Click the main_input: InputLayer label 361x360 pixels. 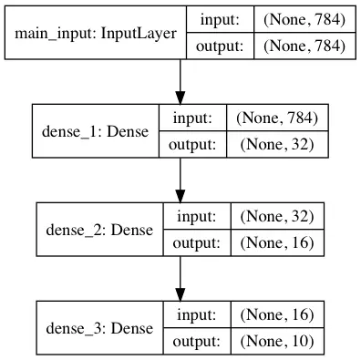pyautogui.click(x=96, y=34)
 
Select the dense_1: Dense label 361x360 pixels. pyautogui.click(x=96, y=131)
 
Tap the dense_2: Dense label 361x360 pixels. pyautogui.click(x=99, y=230)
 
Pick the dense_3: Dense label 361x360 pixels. pyautogui.click(x=99, y=328)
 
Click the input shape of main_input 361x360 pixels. pyautogui.click(x=304, y=20)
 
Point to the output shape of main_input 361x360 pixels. pyautogui.click(x=304, y=46)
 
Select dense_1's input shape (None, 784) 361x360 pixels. pyautogui.click(x=277, y=118)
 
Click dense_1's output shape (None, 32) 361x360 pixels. pyautogui.click(x=277, y=144)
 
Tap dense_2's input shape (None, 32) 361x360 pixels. pyautogui.click(x=277, y=216)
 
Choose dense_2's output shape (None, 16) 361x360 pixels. pyautogui.click(x=277, y=242)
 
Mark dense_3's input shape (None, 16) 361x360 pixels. pyautogui.click(x=277, y=314)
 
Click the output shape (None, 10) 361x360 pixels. pyautogui.click(x=277, y=341)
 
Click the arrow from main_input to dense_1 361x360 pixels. pyautogui.click(x=180, y=82)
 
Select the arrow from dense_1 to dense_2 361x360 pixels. pyautogui.click(x=180, y=180)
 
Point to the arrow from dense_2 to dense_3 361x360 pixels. pyautogui.click(x=180, y=279)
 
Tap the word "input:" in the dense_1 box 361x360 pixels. pyautogui.click(x=192, y=118)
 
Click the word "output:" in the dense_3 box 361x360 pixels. pyautogui.click(x=196, y=341)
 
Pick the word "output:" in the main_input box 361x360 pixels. pyautogui.click(x=220, y=46)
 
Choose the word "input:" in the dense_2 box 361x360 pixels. pyautogui.click(x=197, y=217)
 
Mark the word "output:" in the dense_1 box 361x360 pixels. pyautogui.click(x=192, y=144)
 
